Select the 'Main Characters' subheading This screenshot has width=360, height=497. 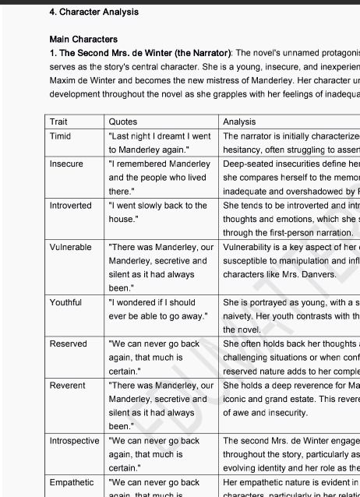coord(83,39)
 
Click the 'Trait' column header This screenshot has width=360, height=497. coord(58,122)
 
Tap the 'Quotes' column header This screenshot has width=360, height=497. coord(123,122)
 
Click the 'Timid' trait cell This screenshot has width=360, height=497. coord(60,136)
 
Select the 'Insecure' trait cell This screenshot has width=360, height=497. coord(65,164)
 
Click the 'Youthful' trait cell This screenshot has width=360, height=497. coord(65,302)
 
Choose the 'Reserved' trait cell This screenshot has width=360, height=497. coord(68,344)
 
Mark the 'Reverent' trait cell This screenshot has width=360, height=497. coord(67,386)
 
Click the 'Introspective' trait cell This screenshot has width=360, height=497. coord(74,441)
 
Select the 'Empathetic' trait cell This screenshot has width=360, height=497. coord(71,483)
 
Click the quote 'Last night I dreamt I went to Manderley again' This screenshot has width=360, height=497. coord(159,143)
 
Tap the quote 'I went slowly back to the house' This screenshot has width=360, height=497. coord(157,213)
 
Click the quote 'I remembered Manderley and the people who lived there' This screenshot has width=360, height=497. coord(159,178)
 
